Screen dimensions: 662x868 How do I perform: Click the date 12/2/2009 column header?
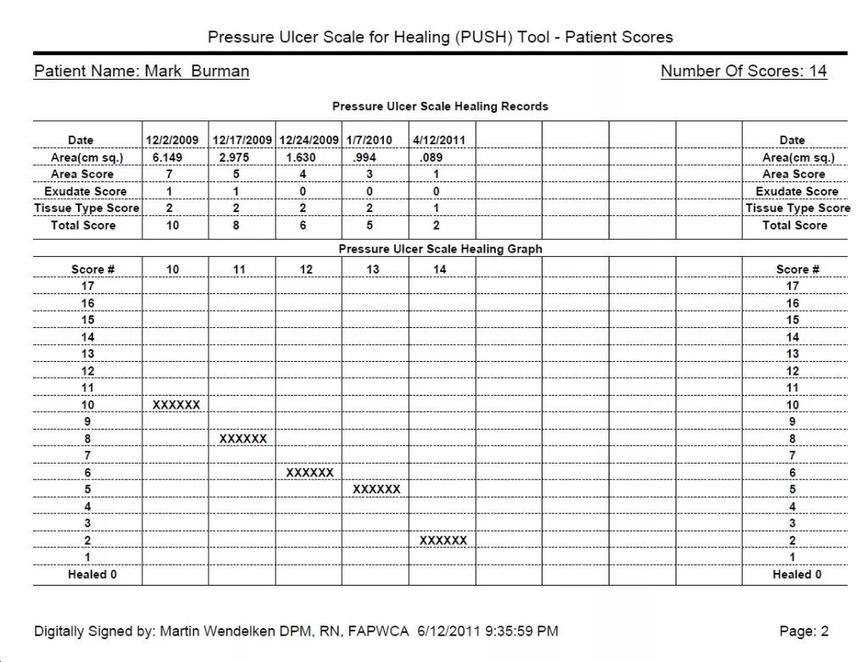173,140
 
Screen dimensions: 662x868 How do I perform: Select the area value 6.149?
167,157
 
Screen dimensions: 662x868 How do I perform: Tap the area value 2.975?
234,157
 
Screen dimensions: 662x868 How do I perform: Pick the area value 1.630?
301,157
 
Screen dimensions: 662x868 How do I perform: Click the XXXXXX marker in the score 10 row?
176,405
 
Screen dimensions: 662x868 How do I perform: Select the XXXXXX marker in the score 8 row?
243,439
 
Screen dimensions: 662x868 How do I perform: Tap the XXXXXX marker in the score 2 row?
443,541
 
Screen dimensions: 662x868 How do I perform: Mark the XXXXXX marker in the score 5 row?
376,490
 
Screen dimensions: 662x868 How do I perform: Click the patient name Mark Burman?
197,71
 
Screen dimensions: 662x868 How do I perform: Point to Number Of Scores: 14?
743,71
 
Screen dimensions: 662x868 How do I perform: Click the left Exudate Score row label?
86,192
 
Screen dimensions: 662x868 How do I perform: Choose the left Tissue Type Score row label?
86,209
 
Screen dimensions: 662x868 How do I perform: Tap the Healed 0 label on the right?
796,575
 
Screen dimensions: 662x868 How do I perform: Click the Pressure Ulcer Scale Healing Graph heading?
440,249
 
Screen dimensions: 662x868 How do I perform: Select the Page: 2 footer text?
804,631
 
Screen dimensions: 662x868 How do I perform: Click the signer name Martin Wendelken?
228,631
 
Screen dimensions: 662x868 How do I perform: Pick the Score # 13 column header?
373,270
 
